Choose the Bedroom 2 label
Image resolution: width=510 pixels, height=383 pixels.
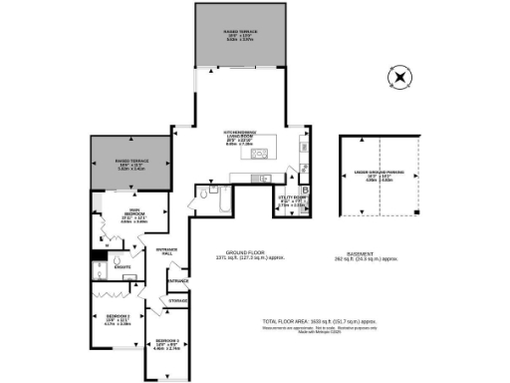119,320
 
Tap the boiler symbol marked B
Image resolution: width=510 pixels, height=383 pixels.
304,190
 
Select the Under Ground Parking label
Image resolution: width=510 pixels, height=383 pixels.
380,177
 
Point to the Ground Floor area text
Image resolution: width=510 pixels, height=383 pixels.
250,254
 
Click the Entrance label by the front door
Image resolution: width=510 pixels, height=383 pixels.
177,281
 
